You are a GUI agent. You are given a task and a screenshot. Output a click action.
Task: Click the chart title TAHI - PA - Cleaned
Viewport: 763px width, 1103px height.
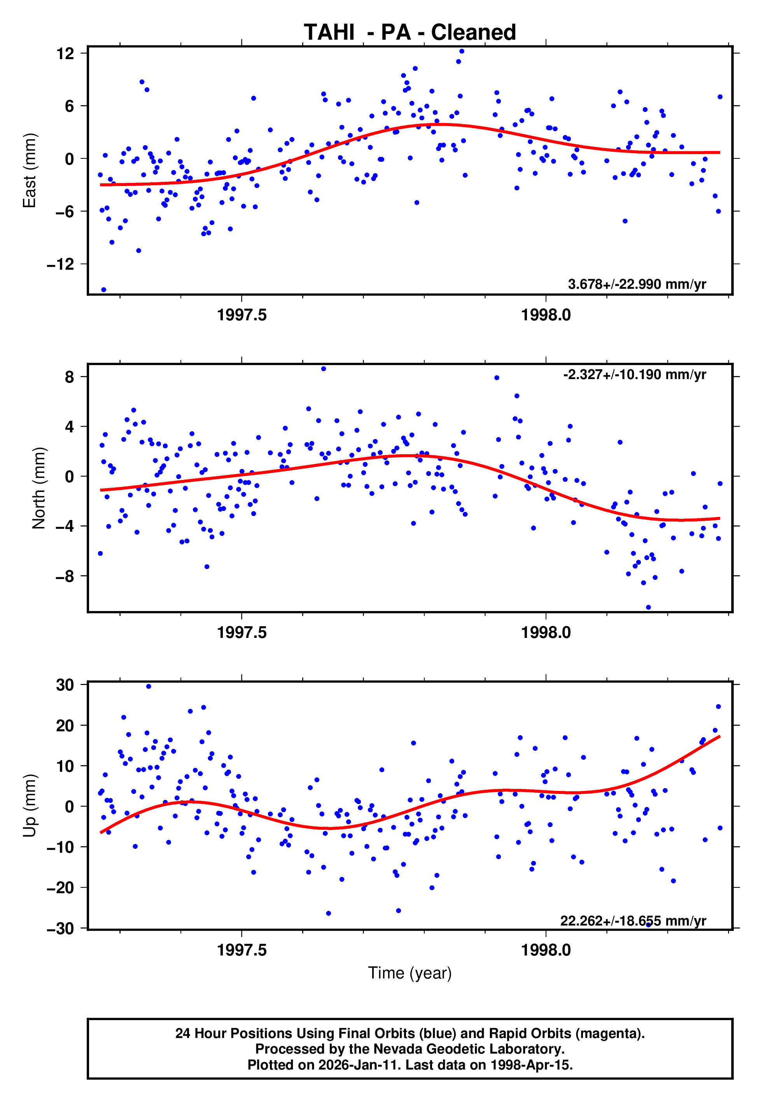click(x=410, y=33)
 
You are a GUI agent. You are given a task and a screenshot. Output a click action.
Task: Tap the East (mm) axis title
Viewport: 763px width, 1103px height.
click(x=30, y=170)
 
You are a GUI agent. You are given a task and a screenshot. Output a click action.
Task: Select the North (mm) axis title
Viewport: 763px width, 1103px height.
click(x=39, y=488)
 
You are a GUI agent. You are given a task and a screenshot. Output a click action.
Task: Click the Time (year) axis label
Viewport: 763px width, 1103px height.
click(x=410, y=973)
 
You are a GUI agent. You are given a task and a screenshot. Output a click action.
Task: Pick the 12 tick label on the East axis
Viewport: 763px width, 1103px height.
click(x=65, y=54)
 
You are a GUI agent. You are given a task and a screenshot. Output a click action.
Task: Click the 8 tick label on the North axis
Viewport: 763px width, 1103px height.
click(x=70, y=377)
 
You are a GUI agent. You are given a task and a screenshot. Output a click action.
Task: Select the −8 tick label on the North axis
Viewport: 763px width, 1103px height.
click(x=65, y=576)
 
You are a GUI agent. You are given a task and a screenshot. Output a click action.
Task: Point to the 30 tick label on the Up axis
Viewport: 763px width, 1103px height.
click(x=65, y=685)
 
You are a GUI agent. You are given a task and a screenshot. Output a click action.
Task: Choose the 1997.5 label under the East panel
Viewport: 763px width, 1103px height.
click(x=241, y=315)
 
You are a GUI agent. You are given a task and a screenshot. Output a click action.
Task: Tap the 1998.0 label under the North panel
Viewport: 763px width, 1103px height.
click(x=546, y=633)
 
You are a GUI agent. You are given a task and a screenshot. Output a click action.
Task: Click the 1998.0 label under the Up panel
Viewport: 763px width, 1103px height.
click(x=546, y=950)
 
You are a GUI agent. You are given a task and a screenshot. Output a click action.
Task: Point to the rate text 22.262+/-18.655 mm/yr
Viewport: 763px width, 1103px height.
click(x=633, y=920)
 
